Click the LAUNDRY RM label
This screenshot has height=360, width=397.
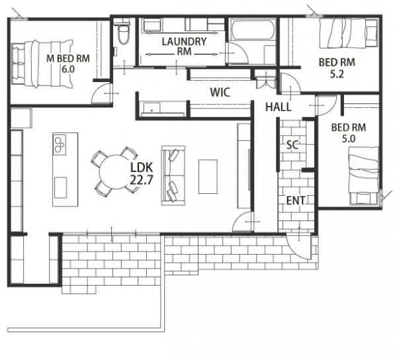(184, 46)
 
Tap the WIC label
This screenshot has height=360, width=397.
(220, 93)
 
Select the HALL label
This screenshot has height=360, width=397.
(279, 107)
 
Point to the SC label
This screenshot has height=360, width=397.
(292, 145)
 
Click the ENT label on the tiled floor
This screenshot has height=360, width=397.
(296, 201)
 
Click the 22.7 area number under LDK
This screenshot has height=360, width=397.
(142, 180)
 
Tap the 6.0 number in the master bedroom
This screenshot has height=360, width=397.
(68, 69)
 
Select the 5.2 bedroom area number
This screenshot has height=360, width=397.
(337, 74)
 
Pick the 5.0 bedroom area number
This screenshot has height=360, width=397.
(349, 139)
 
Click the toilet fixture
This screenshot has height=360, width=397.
(124, 34)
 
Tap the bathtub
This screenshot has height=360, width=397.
(253, 30)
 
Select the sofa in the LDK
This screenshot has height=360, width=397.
(173, 175)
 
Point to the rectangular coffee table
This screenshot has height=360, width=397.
(208, 177)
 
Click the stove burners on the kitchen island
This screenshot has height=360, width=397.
(60, 144)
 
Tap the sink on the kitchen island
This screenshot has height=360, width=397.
(60, 187)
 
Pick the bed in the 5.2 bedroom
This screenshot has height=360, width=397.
(349, 33)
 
